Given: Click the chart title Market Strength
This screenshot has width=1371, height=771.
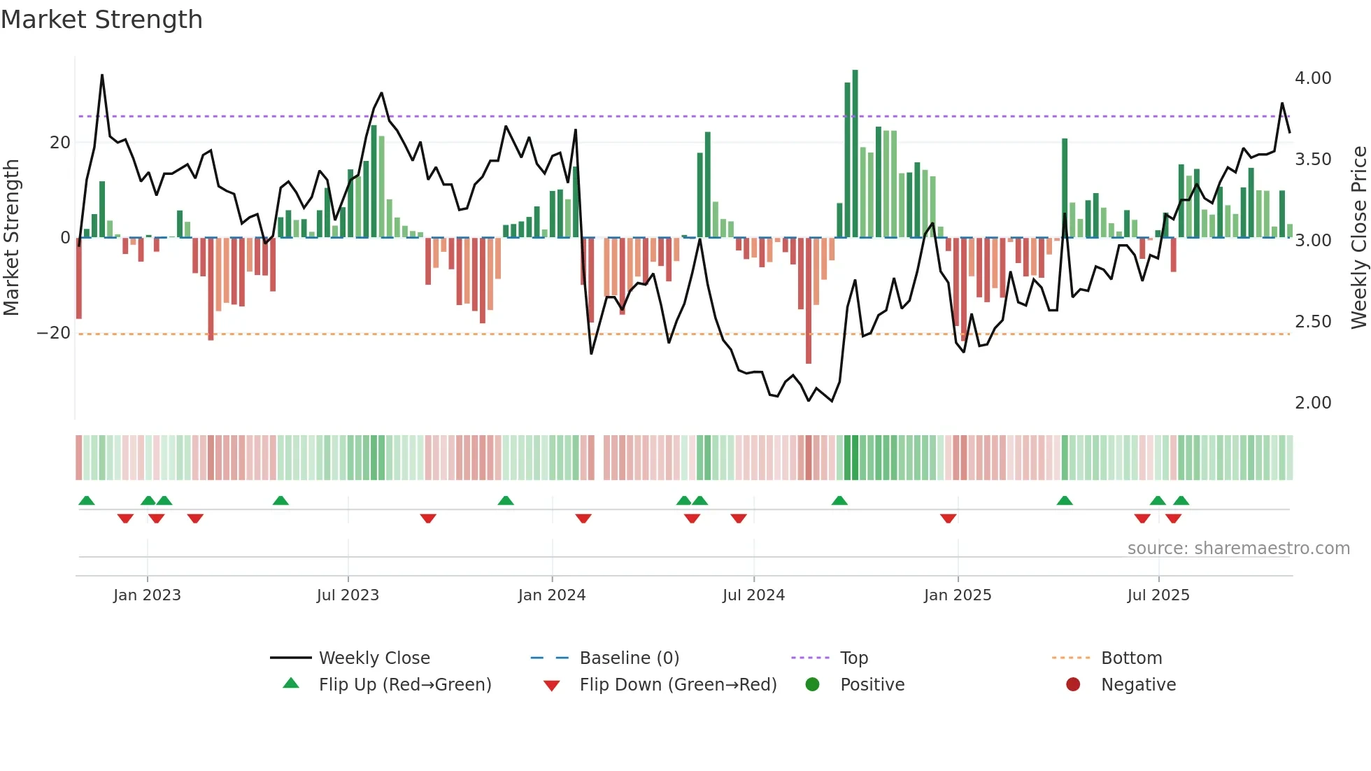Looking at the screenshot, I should (x=101, y=20).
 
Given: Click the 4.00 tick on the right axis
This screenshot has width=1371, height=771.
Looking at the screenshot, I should (x=1312, y=78).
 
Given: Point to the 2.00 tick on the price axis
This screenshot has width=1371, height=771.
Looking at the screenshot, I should (x=1312, y=403).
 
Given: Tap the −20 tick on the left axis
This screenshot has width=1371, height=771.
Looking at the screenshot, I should (x=54, y=333).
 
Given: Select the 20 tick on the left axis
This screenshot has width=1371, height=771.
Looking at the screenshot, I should (x=60, y=143).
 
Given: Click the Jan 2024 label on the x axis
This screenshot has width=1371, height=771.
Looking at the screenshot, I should (x=551, y=595).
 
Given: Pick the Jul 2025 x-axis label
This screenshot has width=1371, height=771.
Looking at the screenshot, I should (x=1158, y=595).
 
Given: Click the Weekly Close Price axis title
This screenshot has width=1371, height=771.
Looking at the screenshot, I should (x=1358, y=238).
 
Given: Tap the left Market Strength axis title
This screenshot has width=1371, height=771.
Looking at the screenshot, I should (x=12, y=238).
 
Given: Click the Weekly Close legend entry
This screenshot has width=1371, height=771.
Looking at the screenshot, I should (x=374, y=658).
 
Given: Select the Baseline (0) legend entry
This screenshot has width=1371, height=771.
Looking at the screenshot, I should (x=629, y=658).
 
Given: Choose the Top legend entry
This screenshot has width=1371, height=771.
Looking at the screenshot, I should (x=853, y=658).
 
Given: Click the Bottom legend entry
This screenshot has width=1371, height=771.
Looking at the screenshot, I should (x=1131, y=658).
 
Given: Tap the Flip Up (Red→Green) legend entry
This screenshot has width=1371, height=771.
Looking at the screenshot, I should (x=404, y=685).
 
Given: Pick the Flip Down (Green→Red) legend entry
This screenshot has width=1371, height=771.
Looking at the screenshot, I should (x=677, y=685).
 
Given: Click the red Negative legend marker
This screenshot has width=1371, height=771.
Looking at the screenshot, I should (x=1072, y=684).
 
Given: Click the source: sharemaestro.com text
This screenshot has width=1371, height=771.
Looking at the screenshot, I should (x=1238, y=549).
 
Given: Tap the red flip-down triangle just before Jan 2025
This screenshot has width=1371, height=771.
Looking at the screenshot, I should (x=948, y=518).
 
